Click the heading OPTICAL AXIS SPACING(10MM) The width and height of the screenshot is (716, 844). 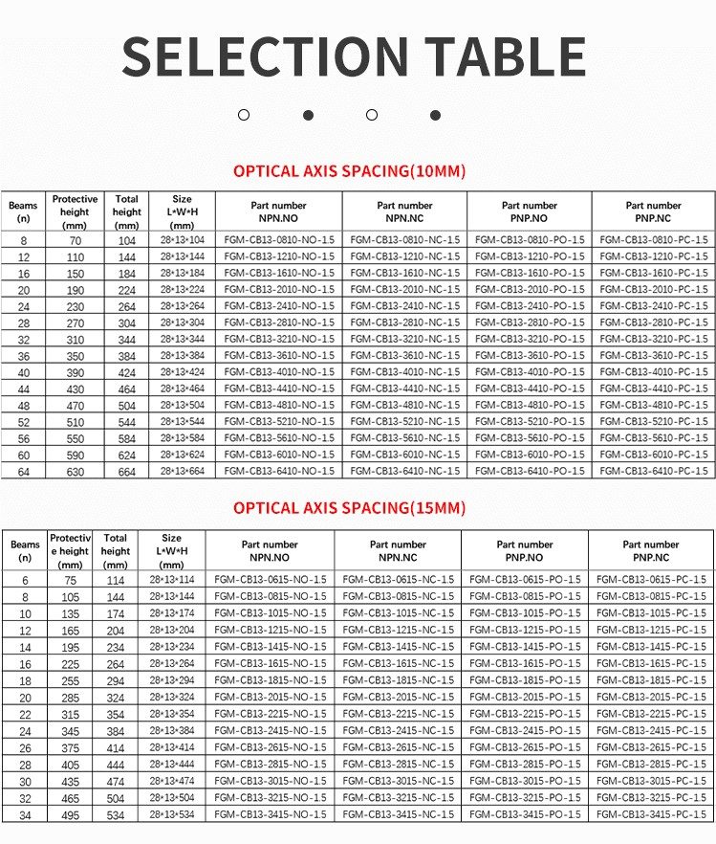[349, 172]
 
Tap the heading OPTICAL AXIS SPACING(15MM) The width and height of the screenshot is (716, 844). [349, 508]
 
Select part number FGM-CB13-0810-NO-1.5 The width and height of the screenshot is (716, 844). [279, 240]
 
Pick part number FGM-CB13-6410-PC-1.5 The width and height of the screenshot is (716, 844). [654, 471]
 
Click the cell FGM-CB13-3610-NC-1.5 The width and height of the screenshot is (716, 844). [404, 356]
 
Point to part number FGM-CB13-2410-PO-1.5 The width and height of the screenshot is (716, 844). [530, 306]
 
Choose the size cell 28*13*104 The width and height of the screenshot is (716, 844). [183, 240]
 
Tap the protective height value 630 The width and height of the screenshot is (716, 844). [75, 471]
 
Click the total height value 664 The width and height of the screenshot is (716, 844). [126, 471]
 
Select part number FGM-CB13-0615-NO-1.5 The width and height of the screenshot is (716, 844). [270, 580]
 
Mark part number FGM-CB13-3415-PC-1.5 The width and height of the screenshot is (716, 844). [652, 814]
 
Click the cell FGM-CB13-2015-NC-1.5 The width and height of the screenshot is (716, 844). [399, 697]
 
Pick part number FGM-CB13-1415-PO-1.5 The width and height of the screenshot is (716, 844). [525, 647]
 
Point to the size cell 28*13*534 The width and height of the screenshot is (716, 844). [172, 814]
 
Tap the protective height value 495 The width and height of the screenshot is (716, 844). [70, 814]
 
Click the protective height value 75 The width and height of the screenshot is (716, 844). [70, 580]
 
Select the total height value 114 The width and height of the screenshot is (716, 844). [116, 580]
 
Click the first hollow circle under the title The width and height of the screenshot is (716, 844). [244, 115]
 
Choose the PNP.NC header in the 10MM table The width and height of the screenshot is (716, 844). [654, 211]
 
